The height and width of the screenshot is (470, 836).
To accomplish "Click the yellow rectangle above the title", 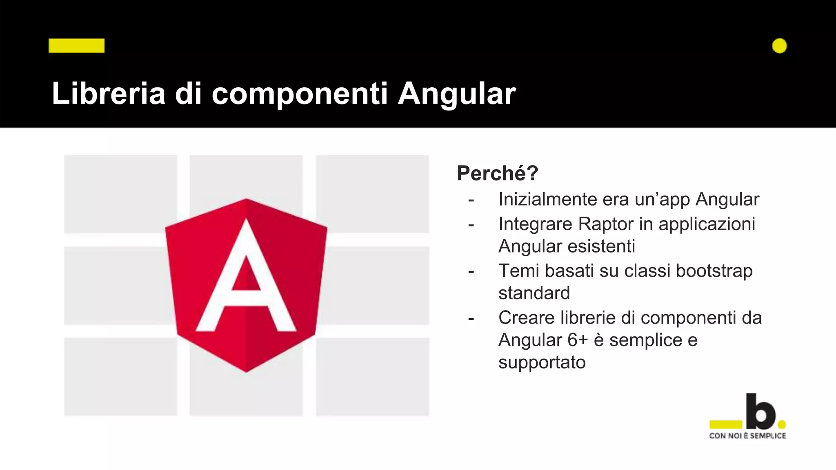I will point(76,46).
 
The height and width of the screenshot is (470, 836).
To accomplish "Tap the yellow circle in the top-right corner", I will point(779,46).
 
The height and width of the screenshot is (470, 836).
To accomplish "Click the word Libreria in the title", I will point(109,94).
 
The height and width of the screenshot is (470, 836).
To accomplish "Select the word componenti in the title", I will point(300,94).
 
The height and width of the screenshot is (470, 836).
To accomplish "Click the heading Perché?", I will point(497,173).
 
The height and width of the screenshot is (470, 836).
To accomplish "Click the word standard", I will point(534,293).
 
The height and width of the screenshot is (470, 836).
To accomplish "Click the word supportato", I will point(542,363).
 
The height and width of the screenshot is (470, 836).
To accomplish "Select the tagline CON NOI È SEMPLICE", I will point(747,436).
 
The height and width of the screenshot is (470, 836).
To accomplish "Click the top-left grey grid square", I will point(120,193).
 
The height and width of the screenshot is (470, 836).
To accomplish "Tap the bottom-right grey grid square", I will point(372,377).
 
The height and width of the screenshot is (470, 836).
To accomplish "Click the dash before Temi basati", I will point(471,272).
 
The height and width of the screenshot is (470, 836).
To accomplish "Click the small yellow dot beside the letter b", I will point(782,425).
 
